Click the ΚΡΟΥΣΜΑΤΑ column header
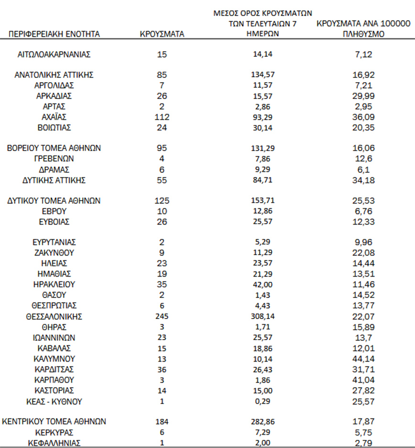(162, 34)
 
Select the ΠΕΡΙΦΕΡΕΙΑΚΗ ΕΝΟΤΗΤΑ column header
(54, 34)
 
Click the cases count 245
(162, 317)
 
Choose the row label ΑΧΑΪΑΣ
(54, 117)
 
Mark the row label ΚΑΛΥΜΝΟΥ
(54, 359)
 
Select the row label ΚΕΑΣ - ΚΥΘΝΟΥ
(54, 401)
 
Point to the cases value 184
(162, 422)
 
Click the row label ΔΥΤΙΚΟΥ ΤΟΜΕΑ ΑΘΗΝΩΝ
(54, 201)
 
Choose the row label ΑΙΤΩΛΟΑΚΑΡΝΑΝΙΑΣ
(54, 54)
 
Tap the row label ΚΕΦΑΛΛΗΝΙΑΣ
(54, 443)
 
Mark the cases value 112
(162, 117)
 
